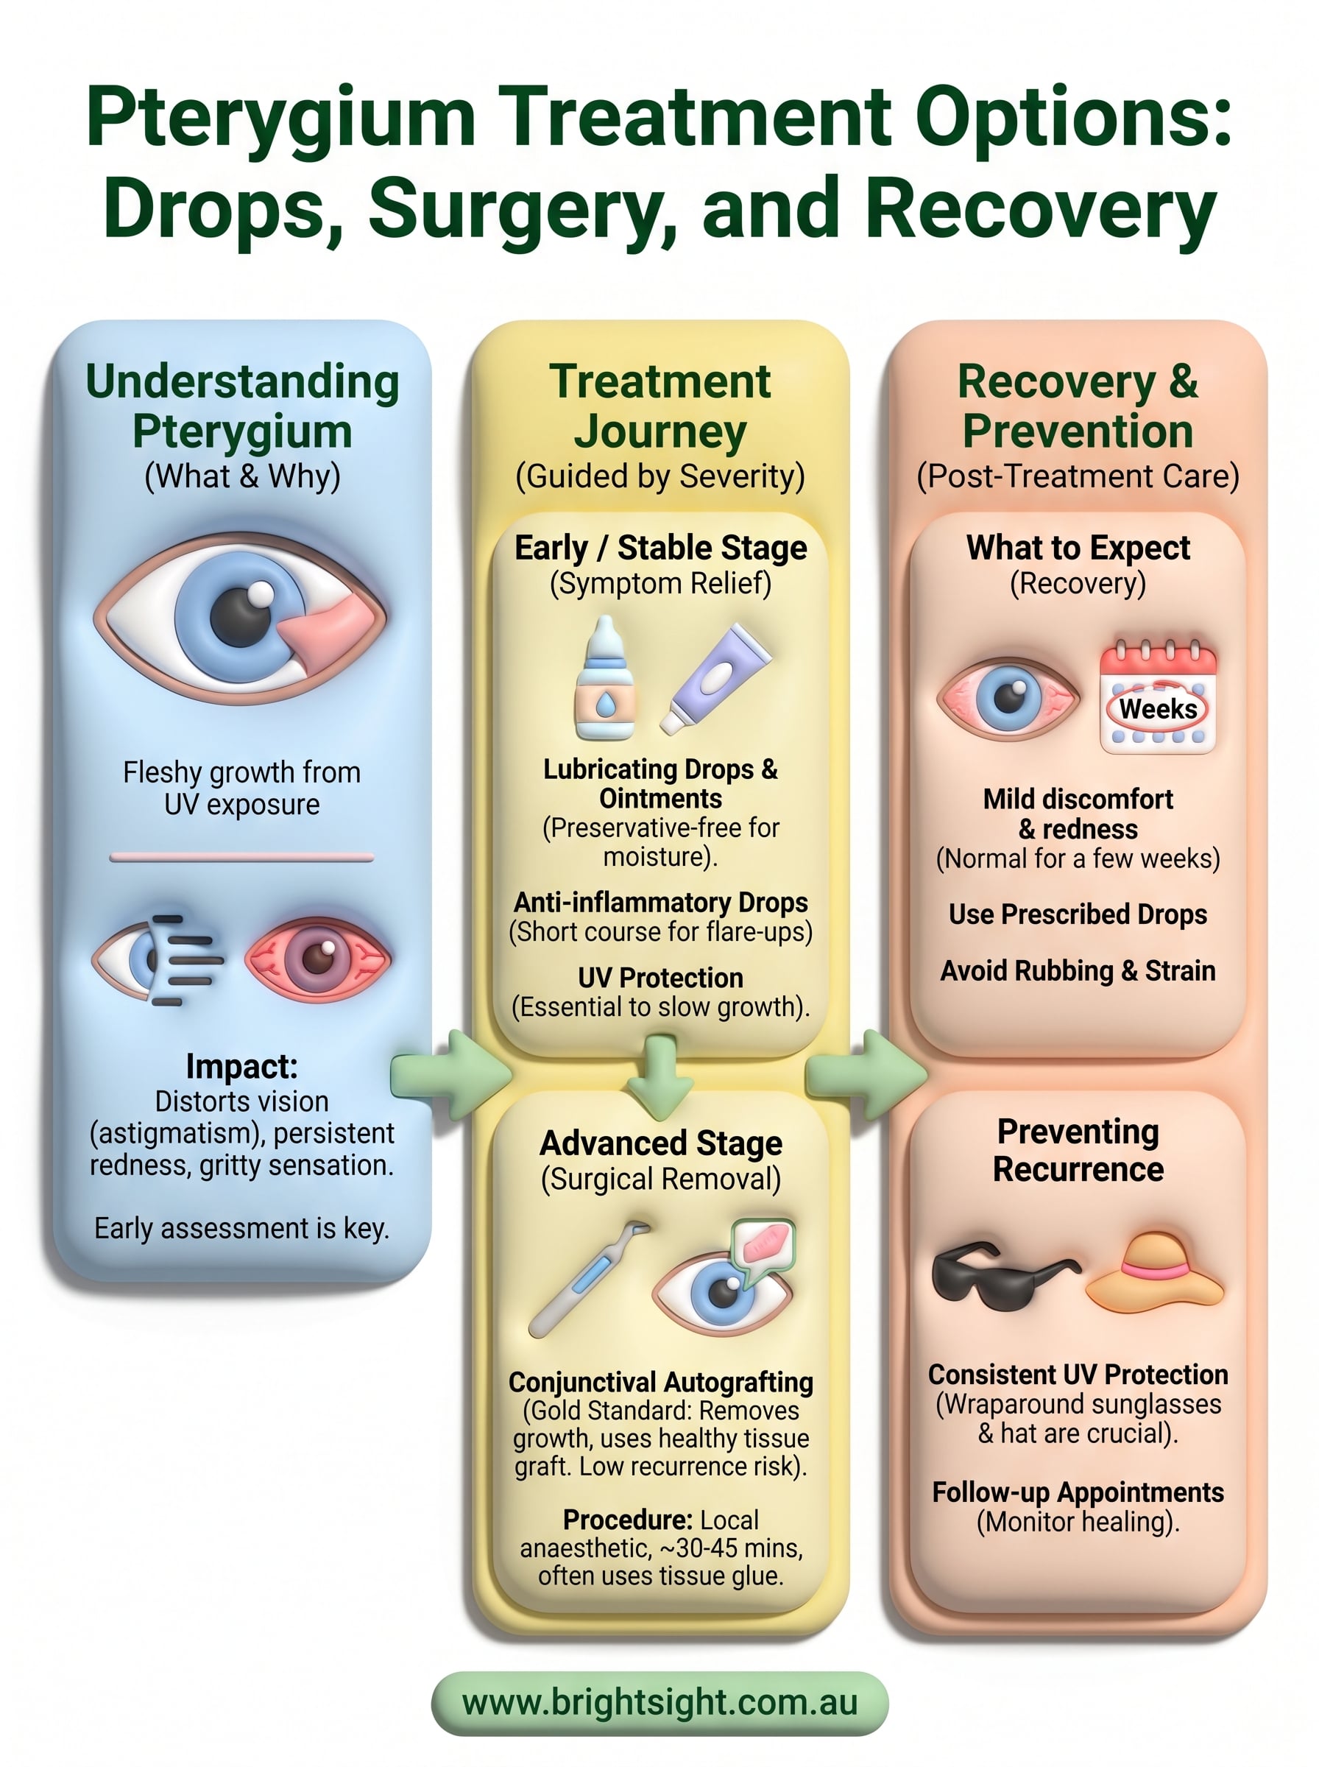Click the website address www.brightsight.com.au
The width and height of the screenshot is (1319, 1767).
(659, 1701)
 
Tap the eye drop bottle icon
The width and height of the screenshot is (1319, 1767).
(605, 677)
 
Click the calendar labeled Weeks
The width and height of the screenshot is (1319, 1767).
(1158, 696)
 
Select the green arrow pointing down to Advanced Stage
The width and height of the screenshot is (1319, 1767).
(660, 1077)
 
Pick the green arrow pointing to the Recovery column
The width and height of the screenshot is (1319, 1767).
(866, 1074)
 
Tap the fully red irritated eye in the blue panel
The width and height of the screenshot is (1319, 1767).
(318, 959)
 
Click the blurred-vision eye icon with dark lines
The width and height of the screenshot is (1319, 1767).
(158, 959)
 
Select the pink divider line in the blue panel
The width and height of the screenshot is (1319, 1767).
(242, 857)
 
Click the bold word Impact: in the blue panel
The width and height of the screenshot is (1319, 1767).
(242, 1067)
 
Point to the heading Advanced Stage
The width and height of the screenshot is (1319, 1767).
(661, 1143)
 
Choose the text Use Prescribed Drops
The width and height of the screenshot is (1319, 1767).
(1078, 914)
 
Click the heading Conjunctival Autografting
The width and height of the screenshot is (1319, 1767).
(661, 1382)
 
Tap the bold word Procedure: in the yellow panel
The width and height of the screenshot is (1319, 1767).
(628, 1520)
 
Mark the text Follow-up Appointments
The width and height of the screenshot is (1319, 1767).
(1078, 1492)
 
